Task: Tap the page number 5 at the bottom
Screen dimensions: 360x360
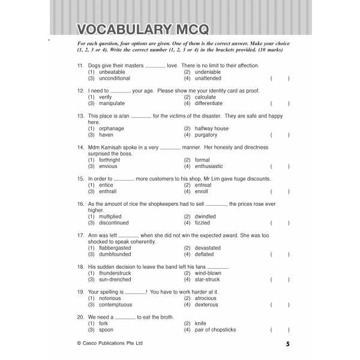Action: [287, 344]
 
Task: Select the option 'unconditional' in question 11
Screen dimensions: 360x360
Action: [114, 79]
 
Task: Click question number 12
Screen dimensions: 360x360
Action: [80, 91]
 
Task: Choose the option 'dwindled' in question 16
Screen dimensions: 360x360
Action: [205, 216]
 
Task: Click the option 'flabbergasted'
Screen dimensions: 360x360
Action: [115, 248]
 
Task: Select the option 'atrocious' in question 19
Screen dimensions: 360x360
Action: [205, 298]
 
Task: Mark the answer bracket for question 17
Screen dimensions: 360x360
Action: [280, 254]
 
